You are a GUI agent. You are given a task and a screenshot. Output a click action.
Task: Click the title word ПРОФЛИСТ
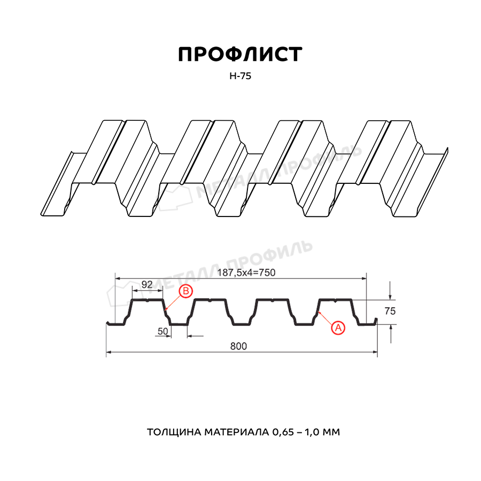pyautogui.click(x=240, y=55)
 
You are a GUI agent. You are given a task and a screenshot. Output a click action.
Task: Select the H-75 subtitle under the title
pyautogui.click(x=240, y=76)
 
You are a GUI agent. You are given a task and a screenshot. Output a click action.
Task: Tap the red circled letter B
pyautogui.click(x=186, y=291)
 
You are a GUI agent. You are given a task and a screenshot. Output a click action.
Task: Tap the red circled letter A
pyautogui.click(x=338, y=328)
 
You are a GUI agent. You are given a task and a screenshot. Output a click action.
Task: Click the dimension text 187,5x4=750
pyautogui.click(x=246, y=273)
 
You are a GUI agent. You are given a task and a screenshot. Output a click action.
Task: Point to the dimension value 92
pyautogui.click(x=147, y=284)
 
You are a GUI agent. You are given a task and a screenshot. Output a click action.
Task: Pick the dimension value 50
pyautogui.click(x=163, y=331)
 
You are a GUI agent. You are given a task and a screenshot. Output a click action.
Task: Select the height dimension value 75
pyautogui.click(x=390, y=311)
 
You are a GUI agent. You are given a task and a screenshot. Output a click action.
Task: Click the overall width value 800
pyautogui.click(x=238, y=346)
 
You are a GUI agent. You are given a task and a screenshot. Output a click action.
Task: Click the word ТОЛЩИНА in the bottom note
pyautogui.click(x=174, y=432)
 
